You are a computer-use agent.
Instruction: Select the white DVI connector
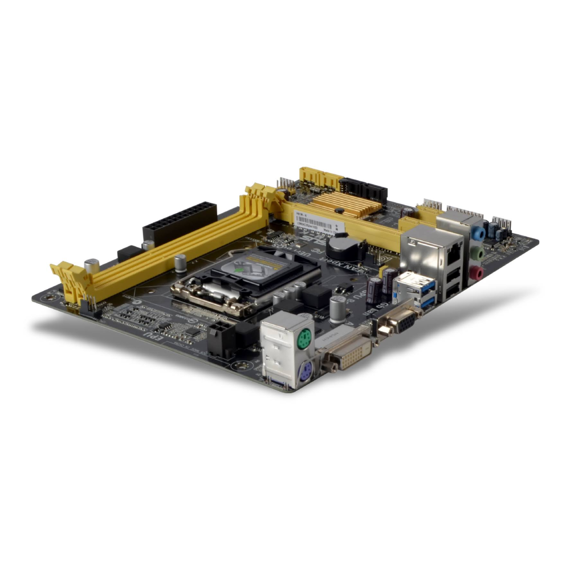(349, 354)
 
